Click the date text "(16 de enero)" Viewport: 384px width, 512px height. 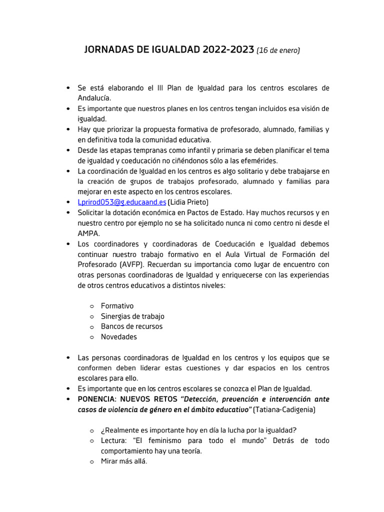[x=278, y=50]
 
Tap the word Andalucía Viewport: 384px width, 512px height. [x=94, y=98]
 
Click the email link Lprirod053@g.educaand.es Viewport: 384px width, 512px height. [x=121, y=202]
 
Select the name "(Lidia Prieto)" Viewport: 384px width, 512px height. [x=188, y=202]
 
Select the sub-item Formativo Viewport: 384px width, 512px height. [x=117, y=306]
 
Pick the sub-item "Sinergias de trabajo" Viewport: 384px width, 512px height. [x=132, y=316]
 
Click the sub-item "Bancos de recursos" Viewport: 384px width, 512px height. [x=131, y=326]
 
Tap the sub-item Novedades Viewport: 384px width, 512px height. [x=118, y=337]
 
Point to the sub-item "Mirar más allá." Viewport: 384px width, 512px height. [x=124, y=461]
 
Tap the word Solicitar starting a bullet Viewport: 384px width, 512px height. [x=91, y=212]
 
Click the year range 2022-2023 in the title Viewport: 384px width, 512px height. [x=228, y=50]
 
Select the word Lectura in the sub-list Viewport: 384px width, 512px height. [x=114, y=441]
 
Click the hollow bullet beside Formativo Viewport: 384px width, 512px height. [x=92, y=306]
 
